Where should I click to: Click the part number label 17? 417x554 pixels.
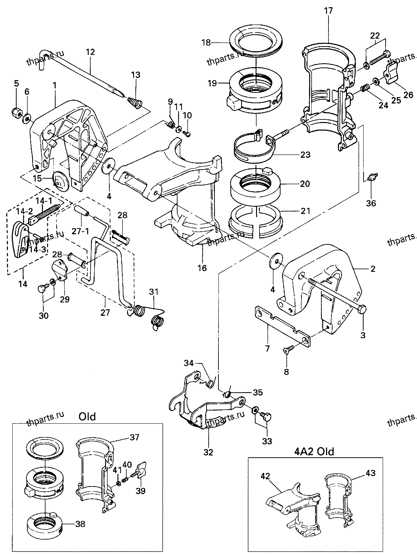tap(329, 11)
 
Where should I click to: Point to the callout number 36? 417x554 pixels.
tap(371, 203)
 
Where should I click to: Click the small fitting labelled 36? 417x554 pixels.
tap(372, 176)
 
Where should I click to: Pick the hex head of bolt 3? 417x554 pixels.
tap(362, 309)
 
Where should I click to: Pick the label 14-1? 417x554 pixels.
tap(44, 201)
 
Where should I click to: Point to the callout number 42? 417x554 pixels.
tap(265, 476)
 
